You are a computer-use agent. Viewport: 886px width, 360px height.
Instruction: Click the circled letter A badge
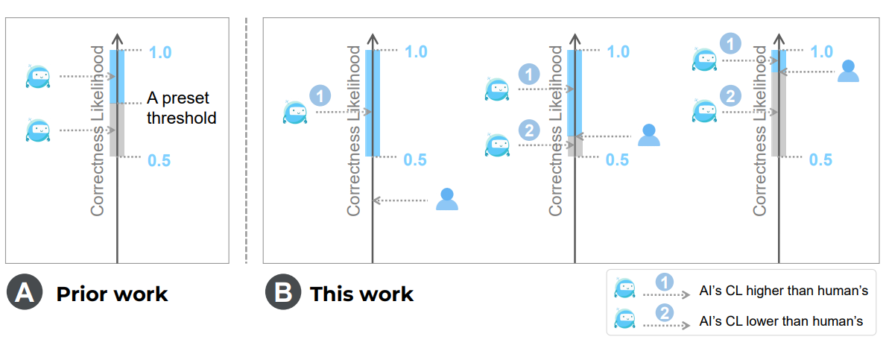24,293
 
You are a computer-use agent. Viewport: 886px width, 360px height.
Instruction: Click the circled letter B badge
282,293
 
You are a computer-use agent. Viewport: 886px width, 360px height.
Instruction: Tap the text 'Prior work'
112,294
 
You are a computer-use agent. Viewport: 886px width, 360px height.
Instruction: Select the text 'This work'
361,294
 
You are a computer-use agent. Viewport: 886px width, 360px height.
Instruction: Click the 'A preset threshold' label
181,108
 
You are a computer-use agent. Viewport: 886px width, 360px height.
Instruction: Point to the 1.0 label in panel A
160,52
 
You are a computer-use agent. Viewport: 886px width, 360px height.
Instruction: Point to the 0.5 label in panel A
160,159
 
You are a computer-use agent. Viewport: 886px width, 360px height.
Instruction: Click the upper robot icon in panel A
37,76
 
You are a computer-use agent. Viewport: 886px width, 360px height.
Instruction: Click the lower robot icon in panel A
37,130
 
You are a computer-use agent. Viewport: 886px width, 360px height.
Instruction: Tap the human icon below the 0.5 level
446,199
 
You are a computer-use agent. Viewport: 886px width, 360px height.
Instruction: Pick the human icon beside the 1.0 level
848,72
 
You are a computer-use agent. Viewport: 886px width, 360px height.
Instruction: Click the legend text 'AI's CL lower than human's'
782,321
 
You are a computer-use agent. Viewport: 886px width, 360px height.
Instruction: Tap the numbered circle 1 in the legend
665,283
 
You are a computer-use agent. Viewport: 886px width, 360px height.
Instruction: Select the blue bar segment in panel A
117,76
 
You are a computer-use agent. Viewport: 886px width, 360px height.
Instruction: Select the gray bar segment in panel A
117,130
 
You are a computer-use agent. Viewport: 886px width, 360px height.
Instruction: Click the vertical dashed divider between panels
246,142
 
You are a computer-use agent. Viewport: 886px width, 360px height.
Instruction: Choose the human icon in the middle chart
649,135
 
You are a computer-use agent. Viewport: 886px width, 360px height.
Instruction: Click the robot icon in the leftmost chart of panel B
295,113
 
